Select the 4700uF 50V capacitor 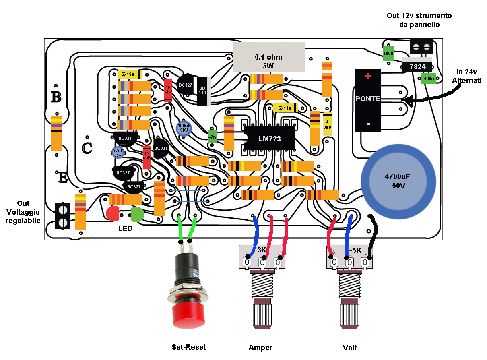click(x=398, y=181)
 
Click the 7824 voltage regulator click(x=417, y=67)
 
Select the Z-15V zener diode click(x=130, y=74)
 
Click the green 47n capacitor click(x=212, y=137)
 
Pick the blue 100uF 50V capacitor click(x=184, y=128)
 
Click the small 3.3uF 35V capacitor click(x=118, y=152)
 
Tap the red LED click(x=113, y=213)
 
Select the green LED click(x=138, y=214)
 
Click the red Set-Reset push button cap click(x=187, y=315)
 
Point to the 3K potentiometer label click(x=262, y=250)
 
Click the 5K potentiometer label click(x=357, y=250)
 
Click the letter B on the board click(x=56, y=97)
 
